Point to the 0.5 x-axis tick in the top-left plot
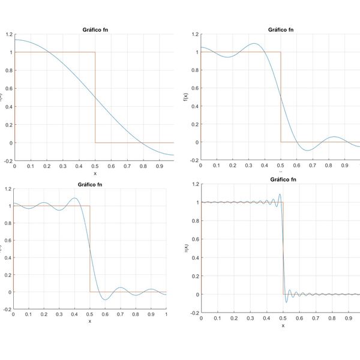pos(94,165)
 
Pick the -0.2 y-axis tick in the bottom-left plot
pos(7,308)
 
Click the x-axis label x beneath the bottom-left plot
pos(90,321)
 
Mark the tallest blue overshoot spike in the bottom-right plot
pos(280,194)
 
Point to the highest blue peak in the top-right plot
pos(254,43)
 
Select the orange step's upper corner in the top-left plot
pos(95,52)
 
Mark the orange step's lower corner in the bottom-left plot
pos(90,292)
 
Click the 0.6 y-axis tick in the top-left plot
pos(7,88)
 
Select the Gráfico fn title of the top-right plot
pos(281,29)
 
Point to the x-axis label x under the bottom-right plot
pos(283,326)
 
